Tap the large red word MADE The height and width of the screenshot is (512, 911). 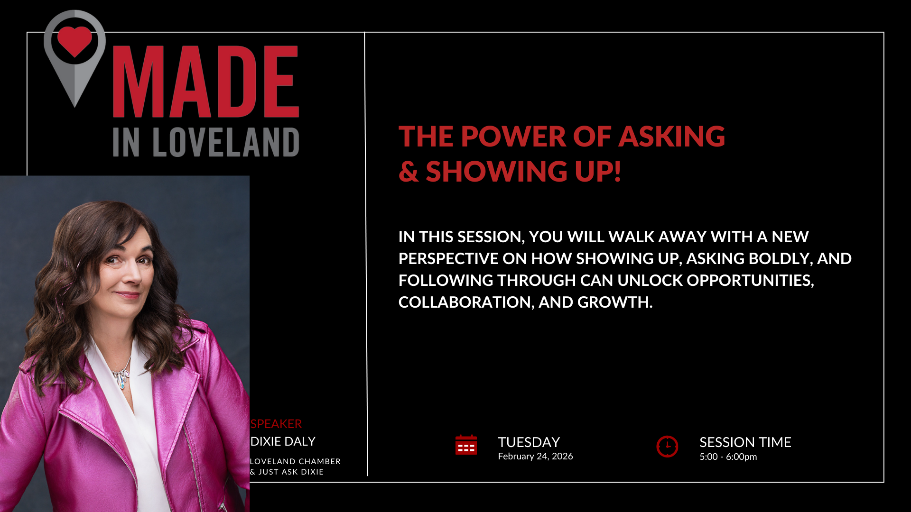[206, 82]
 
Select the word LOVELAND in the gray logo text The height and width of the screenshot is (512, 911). [226, 142]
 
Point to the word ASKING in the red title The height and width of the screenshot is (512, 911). [672, 137]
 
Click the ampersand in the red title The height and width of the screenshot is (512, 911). [409, 172]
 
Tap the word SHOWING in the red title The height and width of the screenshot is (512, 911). [496, 171]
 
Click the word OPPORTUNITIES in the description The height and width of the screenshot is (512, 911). [750, 281]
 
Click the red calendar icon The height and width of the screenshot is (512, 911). [466, 445]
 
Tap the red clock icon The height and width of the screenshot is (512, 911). [667, 446]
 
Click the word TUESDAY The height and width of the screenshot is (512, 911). [529, 442]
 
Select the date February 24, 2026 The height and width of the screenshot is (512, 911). [536, 457]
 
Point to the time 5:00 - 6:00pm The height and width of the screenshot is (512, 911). [728, 457]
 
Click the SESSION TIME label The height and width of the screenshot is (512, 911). [745, 442]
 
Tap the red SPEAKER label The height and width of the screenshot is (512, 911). [276, 424]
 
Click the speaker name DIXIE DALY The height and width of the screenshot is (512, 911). [283, 441]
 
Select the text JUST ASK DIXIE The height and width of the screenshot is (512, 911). [291, 472]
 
